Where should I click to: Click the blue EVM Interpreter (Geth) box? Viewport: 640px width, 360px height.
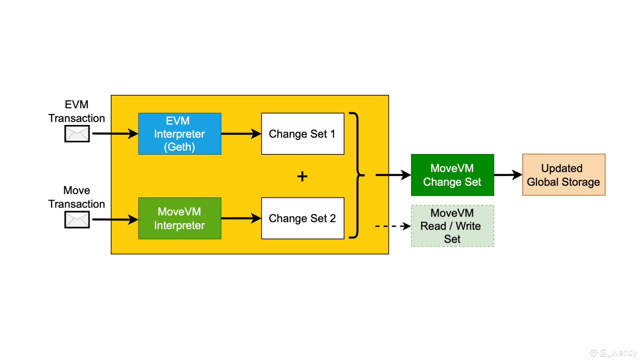(180, 134)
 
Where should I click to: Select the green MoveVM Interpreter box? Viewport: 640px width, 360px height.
(180, 218)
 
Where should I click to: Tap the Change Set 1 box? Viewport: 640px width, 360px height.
(303, 134)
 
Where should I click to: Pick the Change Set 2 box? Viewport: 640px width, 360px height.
(303, 218)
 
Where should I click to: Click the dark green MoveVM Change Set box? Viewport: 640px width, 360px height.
(452, 175)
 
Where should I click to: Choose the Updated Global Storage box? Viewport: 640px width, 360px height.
(564, 175)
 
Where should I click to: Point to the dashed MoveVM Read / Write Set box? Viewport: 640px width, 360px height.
(452, 226)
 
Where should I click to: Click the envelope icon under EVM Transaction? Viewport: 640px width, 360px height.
(77, 134)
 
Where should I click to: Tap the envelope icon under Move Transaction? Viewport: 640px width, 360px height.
(77, 220)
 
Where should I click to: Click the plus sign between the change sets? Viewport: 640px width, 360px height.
(302, 176)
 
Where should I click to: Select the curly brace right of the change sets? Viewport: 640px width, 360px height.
(357, 175)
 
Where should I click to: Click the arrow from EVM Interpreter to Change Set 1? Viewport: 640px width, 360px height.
(241, 134)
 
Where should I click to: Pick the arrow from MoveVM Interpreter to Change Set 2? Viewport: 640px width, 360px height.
(241, 218)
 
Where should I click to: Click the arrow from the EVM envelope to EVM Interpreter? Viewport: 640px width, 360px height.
(115, 134)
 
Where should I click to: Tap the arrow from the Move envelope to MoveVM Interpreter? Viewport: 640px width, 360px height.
(115, 219)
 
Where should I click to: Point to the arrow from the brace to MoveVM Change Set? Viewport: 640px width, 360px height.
(393, 175)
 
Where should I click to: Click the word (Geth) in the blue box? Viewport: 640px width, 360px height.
(179, 147)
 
